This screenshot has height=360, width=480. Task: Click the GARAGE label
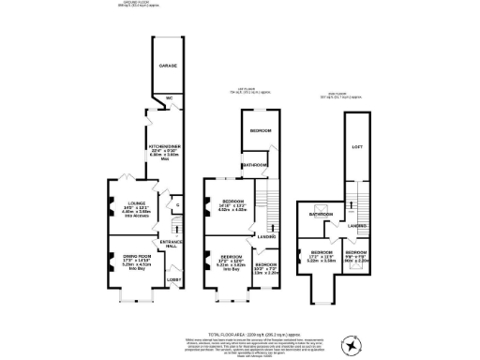(x=168, y=67)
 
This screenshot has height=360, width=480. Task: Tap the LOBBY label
(x=174, y=279)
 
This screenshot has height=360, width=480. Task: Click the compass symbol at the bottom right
(x=352, y=345)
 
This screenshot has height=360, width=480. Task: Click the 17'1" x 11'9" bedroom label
(x=321, y=258)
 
